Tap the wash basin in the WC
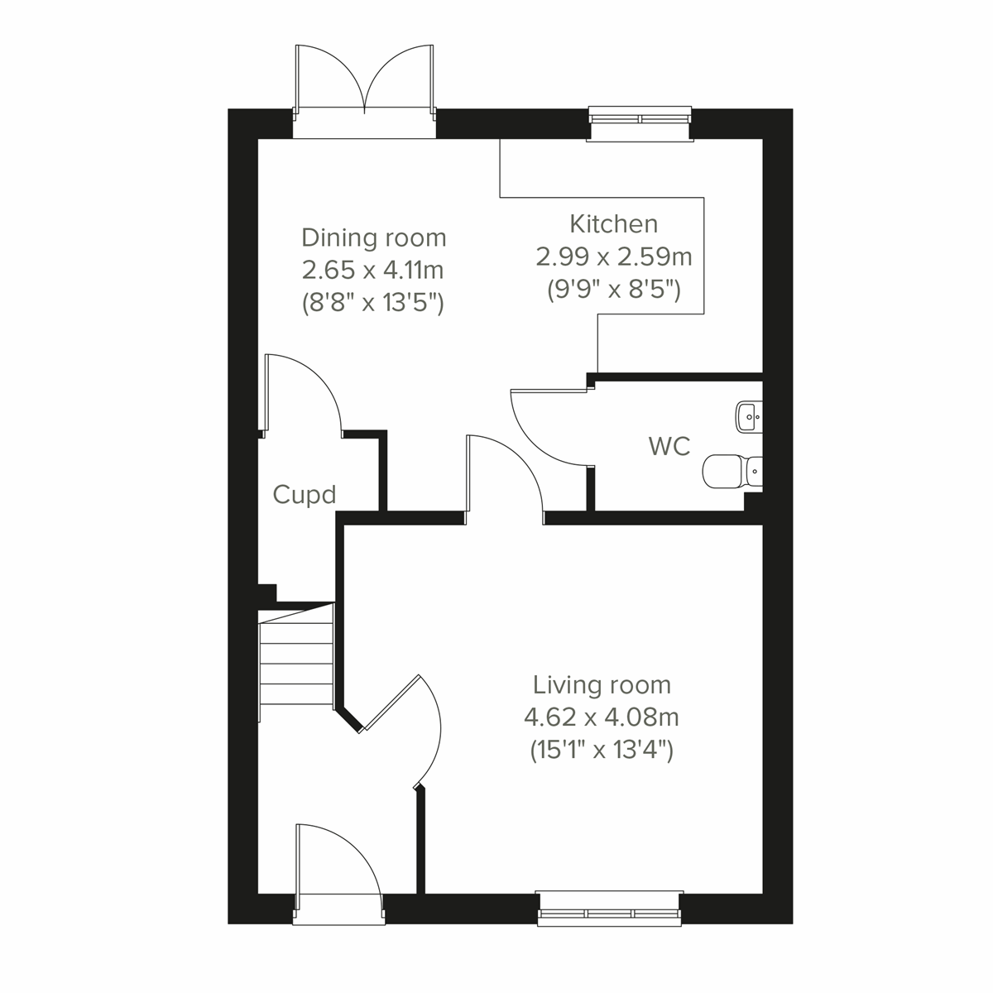748,417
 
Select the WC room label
669,446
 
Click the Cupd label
305,495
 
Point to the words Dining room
373,237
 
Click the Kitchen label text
613,223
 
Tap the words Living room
602,685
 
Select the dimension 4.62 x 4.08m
602,717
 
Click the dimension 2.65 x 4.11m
373,271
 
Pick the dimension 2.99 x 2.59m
613,257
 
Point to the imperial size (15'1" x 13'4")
602,750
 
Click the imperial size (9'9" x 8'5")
613,290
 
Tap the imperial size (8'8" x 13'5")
373,304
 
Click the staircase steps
296,662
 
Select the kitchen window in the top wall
640,118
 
